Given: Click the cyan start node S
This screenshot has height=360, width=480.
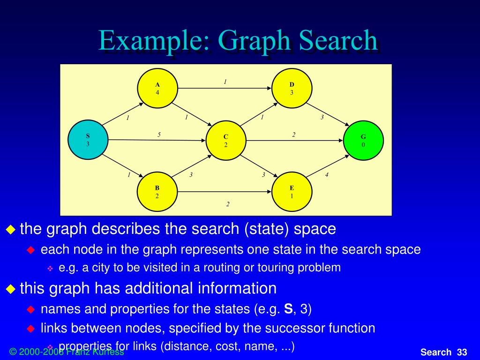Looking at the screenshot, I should coord(88,140).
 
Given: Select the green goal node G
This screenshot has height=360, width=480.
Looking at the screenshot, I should coord(363,140).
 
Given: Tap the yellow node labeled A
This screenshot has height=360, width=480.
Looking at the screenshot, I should coord(157,88).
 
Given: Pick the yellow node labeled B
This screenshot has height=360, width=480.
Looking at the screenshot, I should coord(157,192).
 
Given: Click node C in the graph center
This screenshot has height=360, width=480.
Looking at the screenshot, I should coord(225,140).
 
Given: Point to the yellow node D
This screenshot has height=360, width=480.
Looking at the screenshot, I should coord(292,88).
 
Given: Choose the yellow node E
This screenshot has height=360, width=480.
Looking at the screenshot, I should coord(292,192).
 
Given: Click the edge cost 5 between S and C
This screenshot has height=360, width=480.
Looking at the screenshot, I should coord(159,135).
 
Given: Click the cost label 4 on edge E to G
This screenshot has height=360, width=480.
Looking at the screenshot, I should coord(327,175).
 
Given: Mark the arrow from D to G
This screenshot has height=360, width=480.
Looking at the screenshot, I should coord(330,114).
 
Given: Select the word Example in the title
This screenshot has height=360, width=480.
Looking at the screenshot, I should coord(154,41).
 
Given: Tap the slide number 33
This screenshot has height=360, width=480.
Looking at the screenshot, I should coord(462,352).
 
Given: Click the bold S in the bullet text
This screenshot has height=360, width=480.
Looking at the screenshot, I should coord(289,309).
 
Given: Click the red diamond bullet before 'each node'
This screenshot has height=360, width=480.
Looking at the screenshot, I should coord(31,250).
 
